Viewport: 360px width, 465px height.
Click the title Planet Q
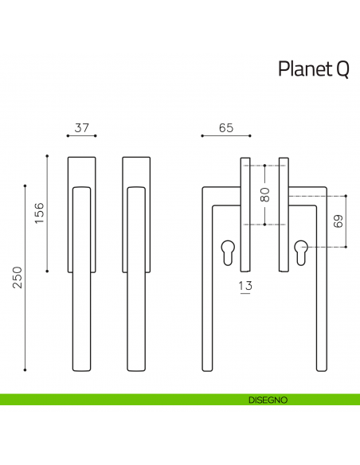[x=313, y=69]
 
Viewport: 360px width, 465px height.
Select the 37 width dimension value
[x=82, y=127]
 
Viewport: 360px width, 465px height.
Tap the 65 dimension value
[x=225, y=127]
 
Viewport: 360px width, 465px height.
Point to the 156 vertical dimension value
[x=38, y=213]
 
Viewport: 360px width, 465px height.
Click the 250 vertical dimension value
[x=16, y=278]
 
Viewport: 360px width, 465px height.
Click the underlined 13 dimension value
[x=245, y=285]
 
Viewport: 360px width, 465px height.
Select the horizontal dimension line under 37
[x=82, y=136]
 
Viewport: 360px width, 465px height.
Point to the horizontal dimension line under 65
[x=225, y=136]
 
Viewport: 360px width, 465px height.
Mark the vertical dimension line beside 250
[x=25, y=278]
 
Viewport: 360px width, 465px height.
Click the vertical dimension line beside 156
[x=48, y=213]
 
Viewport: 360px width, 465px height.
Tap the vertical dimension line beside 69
[x=346, y=221]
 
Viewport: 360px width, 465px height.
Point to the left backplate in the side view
[x=245, y=213]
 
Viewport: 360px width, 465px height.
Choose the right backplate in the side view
[x=283, y=213]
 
